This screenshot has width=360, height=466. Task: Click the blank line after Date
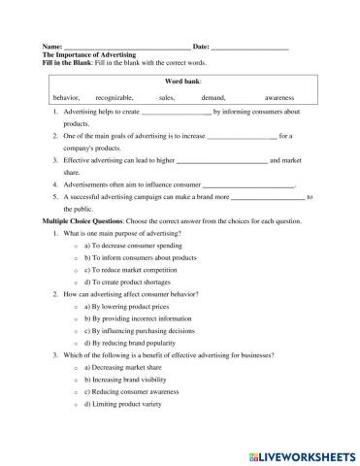coord(249,48)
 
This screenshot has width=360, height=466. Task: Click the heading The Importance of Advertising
coord(90,55)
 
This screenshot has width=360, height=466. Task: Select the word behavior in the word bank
coord(66,98)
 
